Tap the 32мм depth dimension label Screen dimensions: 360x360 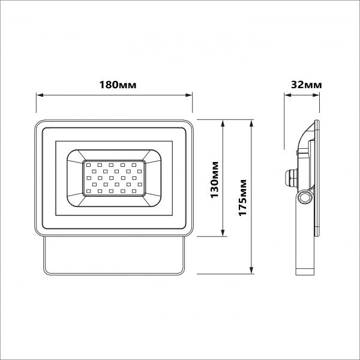305,85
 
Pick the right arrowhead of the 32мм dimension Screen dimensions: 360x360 317,94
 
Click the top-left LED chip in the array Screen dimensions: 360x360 88,163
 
